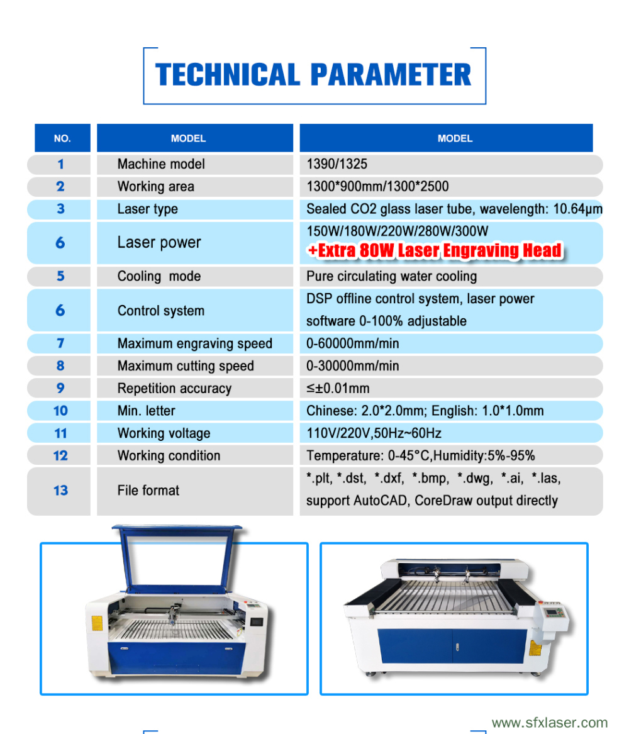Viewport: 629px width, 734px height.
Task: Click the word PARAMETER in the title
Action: [391, 75]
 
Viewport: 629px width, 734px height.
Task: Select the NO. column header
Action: [62, 138]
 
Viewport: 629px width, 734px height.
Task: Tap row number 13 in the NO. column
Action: [60, 491]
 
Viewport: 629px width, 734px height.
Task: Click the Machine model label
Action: [161, 164]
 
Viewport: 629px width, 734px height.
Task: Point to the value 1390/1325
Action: [337, 164]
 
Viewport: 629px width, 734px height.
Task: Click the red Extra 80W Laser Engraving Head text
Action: [434, 250]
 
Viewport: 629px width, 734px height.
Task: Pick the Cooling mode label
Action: [159, 277]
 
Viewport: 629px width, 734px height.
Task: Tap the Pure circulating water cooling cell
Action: [391, 277]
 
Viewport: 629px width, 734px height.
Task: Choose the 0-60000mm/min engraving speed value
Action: [352, 344]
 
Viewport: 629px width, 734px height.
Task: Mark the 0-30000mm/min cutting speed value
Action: [352, 366]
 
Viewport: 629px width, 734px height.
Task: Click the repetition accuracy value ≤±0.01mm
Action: [338, 389]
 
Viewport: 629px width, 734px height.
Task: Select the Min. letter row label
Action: [146, 411]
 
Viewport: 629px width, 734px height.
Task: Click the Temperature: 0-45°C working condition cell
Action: [420, 456]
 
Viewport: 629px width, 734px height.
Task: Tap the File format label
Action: [148, 491]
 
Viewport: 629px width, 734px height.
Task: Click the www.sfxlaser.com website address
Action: [549, 723]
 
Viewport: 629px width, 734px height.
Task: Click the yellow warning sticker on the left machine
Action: [97, 623]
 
